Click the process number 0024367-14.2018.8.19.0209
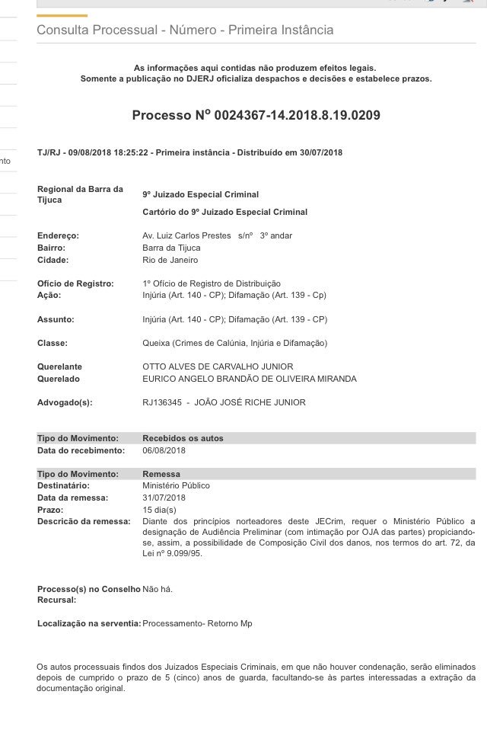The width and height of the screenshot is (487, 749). (298, 116)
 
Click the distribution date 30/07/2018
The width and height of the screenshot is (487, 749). (321, 152)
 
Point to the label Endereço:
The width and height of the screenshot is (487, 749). (58, 235)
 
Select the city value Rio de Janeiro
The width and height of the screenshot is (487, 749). (170, 260)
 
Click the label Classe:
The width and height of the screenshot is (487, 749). (53, 343)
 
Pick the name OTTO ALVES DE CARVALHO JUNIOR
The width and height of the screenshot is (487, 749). (218, 366)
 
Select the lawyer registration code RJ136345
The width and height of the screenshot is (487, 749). (162, 402)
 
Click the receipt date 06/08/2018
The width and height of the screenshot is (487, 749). (164, 450)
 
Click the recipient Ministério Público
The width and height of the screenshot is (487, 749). (176, 485)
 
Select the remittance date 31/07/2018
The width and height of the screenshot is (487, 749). (164, 498)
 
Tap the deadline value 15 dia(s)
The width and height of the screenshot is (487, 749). (159, 510)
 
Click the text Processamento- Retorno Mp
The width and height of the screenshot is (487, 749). (197, 623)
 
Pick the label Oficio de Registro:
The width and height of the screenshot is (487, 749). (76, 283)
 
